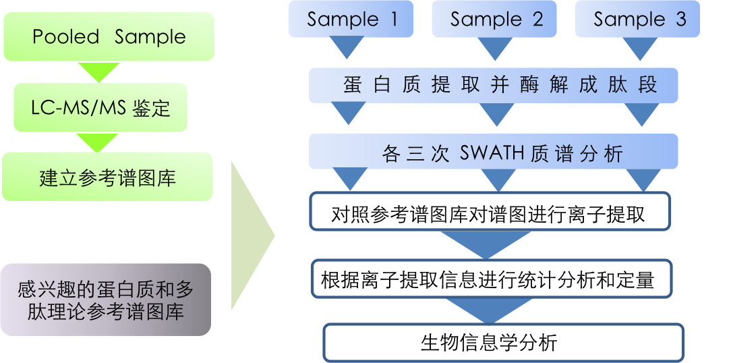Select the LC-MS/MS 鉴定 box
tap(101, 108)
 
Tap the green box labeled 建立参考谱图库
tap(107, 177)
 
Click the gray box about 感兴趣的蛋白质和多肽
tap(105, 300)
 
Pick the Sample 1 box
tap(351, 19)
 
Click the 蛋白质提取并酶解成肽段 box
tap(494, 85)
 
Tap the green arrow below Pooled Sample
tap(99, 72)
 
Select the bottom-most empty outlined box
tap(503, 343)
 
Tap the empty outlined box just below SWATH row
tap(490, 211)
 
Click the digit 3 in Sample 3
tap(680, 19)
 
